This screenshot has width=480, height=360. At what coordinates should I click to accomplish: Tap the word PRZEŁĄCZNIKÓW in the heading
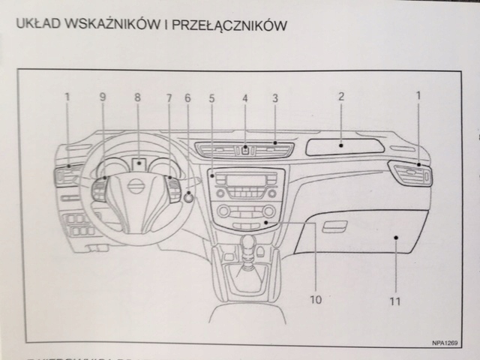click(230, 25)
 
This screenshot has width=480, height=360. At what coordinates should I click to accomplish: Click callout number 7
click(169, 97)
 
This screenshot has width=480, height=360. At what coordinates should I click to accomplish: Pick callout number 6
click(187, 97)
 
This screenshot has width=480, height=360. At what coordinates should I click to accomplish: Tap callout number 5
click(211, 97)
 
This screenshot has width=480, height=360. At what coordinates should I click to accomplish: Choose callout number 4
click(244, 97)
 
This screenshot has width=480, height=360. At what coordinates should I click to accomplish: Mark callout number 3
click(275, 97)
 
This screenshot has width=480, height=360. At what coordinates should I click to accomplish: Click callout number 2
click(340, 96)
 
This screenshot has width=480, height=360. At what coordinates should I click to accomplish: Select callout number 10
click(315, 299)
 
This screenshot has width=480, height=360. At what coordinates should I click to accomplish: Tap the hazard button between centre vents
click(245, 149)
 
